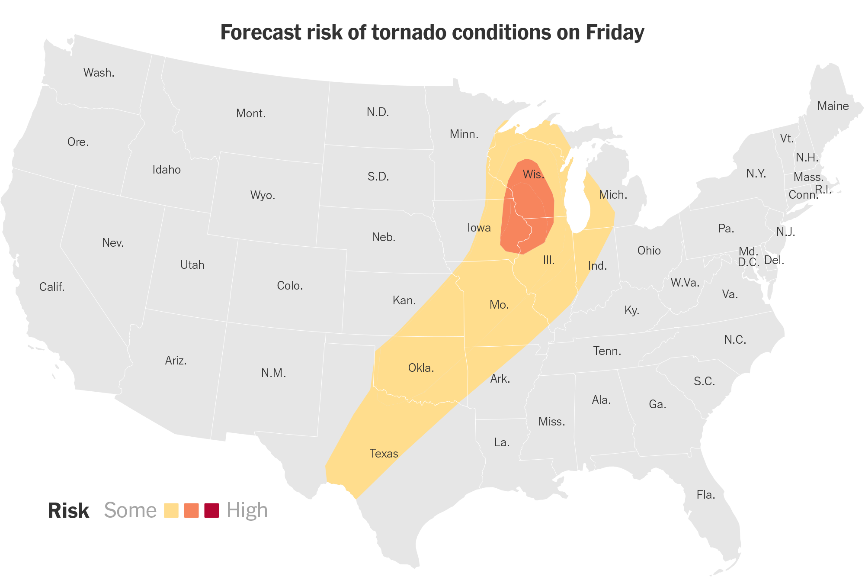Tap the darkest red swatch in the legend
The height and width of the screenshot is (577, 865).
point(211,510)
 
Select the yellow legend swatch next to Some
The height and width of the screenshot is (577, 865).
point(171,510)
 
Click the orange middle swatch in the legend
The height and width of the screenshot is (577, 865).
point(191,510)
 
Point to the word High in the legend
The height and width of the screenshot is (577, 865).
point(247,510)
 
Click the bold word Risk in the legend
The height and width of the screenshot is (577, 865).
point(68,510)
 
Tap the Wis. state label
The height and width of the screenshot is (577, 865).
point(533,174)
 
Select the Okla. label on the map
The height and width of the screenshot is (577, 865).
point(421,368)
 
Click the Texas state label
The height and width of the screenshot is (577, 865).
point(384,454)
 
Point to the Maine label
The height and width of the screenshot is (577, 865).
point(833,106)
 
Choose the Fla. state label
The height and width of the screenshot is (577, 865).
point(705,495)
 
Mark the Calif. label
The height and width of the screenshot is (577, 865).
point(52,287)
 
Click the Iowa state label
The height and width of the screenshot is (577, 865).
point(479,228)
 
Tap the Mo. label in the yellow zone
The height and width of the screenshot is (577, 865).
point(499,305)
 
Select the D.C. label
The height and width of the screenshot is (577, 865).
point(748,262)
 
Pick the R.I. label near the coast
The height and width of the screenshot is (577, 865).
point(823,190)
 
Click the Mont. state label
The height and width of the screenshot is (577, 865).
point(251,113)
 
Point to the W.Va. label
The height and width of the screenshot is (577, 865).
point(685,283)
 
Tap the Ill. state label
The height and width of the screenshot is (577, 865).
point(548,260)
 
